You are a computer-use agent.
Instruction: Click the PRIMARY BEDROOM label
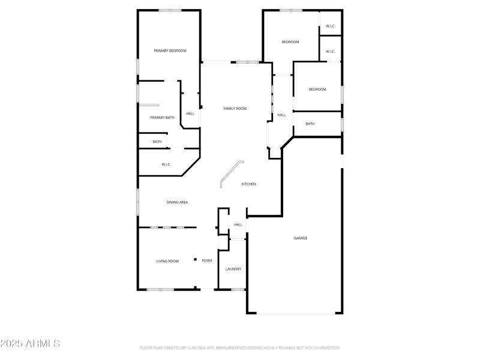[x=170, y=51]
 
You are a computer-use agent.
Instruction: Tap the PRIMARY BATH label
[x=162, y=118]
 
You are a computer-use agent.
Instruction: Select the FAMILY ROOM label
[x=235, y=109]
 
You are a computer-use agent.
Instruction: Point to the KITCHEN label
[x=248, y=184]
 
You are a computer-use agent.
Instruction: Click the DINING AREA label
[x=177, y=202]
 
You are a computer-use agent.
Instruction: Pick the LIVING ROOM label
[x=167, y=261]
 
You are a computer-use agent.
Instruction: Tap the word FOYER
[x=207, y=261]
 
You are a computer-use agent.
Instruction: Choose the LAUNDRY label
[x=233, y=269]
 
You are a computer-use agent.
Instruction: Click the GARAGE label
[x=301, y=238]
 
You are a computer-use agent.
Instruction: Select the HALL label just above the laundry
[x=238, y=225]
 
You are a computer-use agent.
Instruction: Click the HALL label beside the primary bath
[x=190, y=113]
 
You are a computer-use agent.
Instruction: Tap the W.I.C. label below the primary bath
[x=166, y=164]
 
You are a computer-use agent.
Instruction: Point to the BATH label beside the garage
[x=310, y=124]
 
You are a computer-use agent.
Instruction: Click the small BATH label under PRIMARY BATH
[x=157, y=142]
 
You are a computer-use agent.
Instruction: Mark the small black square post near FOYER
[x=195, y=260]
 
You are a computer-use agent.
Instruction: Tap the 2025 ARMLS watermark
[x=30, y=344]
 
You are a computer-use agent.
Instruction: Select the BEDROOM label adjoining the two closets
[x=290, y=42]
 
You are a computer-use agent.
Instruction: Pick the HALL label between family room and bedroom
[x=281, y=115]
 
